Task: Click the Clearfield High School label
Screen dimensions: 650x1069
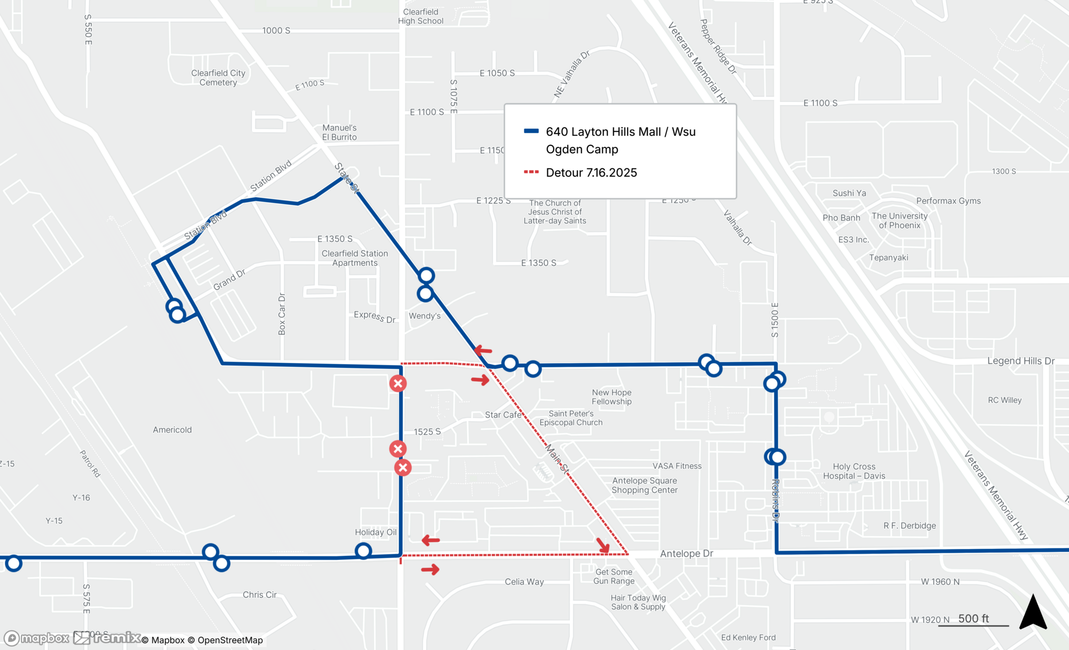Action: (421, 17)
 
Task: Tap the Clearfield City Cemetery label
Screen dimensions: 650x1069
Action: (218, 78)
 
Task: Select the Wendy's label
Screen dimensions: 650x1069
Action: (424, 316)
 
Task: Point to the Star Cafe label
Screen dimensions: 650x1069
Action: (503, 415)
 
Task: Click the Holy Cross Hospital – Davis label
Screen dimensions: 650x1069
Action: (854, 471)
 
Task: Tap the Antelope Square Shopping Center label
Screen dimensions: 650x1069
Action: (645, 485)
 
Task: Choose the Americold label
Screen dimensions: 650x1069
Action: (172, 430)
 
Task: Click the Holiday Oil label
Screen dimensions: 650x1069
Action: (376, 532)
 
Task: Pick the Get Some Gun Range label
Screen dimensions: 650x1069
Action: (614, 576)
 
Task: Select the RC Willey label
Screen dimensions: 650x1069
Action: (1004, 400)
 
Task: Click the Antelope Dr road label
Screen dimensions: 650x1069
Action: (686, 554)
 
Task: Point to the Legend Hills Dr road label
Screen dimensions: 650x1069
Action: (1020, 361)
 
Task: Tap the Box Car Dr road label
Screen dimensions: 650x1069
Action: (282, 314)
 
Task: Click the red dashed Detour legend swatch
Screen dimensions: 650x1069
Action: (531, 172)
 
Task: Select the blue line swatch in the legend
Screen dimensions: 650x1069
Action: (531, 131)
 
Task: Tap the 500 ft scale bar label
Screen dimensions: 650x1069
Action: (973, 618)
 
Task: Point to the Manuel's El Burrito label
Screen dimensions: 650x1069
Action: (339, 133)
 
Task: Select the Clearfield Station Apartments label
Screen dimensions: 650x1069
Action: (355, 258)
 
